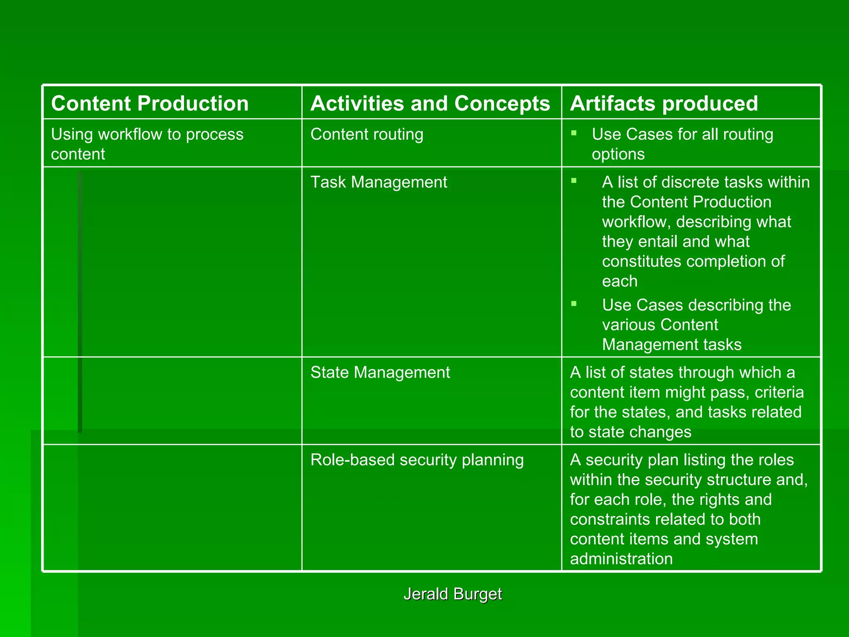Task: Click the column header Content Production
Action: point(150,103)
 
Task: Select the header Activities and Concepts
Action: point(430,103)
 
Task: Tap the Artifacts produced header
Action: point(664,103)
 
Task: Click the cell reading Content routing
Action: point(367,134)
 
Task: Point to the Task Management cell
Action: point(378,182)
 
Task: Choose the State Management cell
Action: point(380,372)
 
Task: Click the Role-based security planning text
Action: point(417,460)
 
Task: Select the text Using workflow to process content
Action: point(147,144)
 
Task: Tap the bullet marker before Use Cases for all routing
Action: point(574,133)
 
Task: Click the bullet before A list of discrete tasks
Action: point(574,180)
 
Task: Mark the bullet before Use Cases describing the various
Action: point(574,304)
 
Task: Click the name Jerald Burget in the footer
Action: point(453,594)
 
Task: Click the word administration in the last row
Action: point(621,559)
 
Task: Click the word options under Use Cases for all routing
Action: point(618,154)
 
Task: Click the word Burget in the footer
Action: point(478,594)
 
